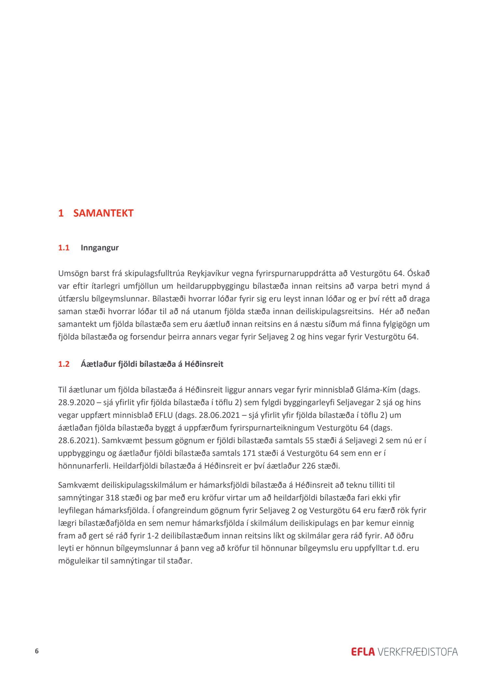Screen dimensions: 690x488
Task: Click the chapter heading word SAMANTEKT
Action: [x=103, y=213]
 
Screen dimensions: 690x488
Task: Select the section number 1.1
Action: [x=64, y=248]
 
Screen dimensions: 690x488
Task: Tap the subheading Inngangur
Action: [x=100, y=248]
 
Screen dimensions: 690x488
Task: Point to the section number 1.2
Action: [x=64, y=364]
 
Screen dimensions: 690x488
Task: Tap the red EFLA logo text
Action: [x=363, y=652]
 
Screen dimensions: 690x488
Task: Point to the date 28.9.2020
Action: [x=75, y=403]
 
